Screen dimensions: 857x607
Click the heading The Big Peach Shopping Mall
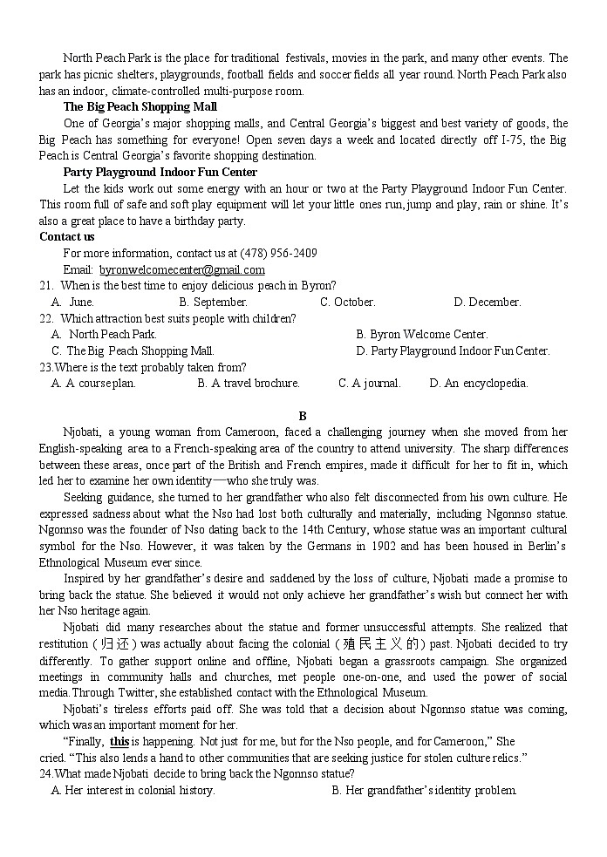coord(140,106)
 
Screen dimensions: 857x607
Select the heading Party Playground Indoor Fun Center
coord(160,172)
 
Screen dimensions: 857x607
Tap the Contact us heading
coord(67,236)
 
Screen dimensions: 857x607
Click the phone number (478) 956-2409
coord(278,253)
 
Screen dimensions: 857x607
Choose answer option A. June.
coord(73,302)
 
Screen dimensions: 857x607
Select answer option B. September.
coord(214,302)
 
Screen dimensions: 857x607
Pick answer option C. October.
coord(347,302)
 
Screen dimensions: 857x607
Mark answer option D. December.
coord(487,302)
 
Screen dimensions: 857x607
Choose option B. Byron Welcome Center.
coord(422,334)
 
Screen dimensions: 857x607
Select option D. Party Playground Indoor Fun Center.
coord(453,350)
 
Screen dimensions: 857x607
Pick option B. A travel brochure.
coord(249,383)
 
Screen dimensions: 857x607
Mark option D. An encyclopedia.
coord(479,383)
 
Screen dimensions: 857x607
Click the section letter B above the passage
coord(303,416)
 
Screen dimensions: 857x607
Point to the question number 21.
coord(46,285)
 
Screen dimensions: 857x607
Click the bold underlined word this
coord(119,741)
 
